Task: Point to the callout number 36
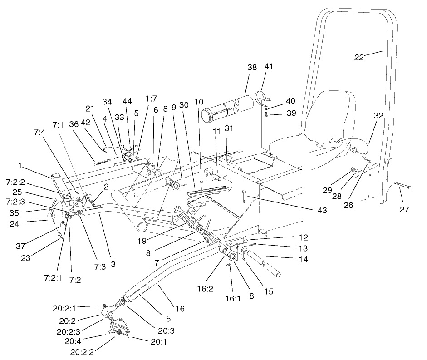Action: coord(74,124)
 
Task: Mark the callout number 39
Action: coord(290,112)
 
